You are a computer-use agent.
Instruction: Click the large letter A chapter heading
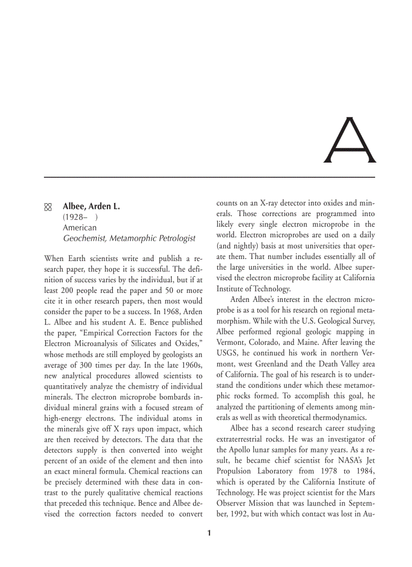coord(350,141)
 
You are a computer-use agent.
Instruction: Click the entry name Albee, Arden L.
coord(91,207)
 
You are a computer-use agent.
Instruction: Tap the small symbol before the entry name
coord(48,207)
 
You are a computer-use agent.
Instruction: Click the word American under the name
coord(79,228)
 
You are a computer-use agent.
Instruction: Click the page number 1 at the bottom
coord(210,533)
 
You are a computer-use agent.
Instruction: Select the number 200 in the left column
coord(68,291)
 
